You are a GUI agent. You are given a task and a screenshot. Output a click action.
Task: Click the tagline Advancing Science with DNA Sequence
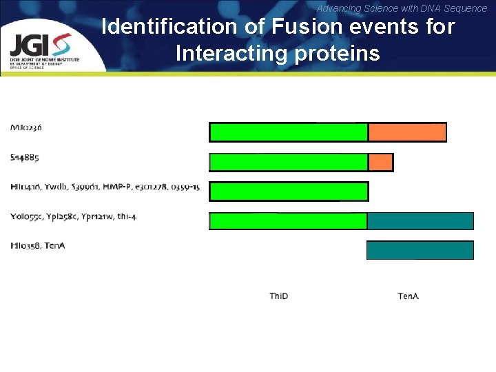(402, 8)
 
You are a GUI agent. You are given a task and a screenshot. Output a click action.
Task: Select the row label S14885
(24, 157)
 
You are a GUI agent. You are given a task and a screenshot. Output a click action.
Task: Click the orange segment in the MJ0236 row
(407, 132)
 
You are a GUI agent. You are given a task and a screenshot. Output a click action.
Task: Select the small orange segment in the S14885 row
(380, 162)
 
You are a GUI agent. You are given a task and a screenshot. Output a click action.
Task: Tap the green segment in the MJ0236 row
(288, 132)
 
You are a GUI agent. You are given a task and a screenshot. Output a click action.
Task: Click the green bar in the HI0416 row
(288, 192)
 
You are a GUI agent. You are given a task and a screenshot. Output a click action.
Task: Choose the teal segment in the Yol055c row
(420, 220)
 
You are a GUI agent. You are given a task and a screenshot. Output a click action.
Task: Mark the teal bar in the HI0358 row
(420, 250)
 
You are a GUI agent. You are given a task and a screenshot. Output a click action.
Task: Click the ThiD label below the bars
(279, 296)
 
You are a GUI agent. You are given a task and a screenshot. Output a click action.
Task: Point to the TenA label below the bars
(408, 296)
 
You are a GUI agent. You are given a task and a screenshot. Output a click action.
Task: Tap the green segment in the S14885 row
(288, 162)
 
